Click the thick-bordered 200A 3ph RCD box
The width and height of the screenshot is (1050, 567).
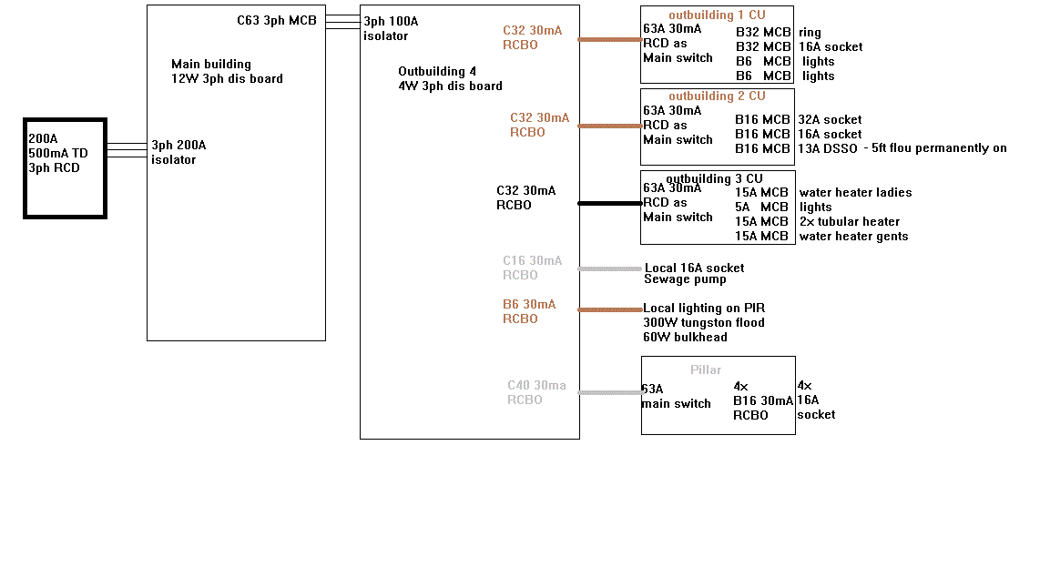66,168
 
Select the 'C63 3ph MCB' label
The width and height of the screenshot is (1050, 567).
277,20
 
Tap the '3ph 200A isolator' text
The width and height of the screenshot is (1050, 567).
178,152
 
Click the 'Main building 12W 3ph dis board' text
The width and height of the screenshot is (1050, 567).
226,71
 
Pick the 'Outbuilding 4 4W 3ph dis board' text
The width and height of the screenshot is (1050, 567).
449,78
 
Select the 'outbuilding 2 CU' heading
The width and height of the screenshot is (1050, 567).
717,96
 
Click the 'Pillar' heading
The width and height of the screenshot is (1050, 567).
705,370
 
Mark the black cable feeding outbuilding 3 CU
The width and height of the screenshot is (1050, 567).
609,204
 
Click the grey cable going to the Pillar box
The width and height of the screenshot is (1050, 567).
609,393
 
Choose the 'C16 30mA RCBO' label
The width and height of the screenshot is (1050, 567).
532,268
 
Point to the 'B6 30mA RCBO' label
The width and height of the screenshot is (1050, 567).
528,311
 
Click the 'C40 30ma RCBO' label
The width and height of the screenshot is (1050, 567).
535,392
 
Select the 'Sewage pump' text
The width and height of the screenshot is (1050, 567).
685,279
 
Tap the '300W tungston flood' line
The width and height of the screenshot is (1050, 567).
703,322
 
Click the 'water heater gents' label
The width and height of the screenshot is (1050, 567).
852,236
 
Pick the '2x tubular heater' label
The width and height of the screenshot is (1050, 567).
849,221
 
